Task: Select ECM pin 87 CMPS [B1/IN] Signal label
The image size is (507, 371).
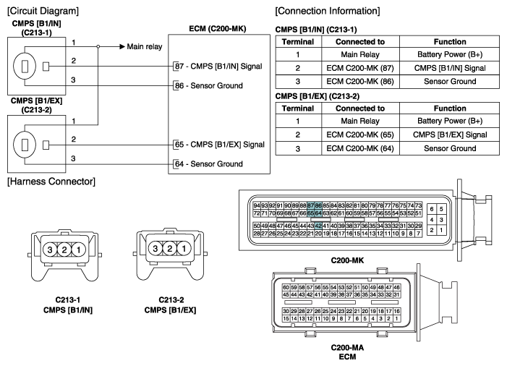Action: (x=218, y=66)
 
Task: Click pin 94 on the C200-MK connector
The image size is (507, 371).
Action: (x=257, y=206)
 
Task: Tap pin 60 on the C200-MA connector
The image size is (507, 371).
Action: (x=286, y=287)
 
